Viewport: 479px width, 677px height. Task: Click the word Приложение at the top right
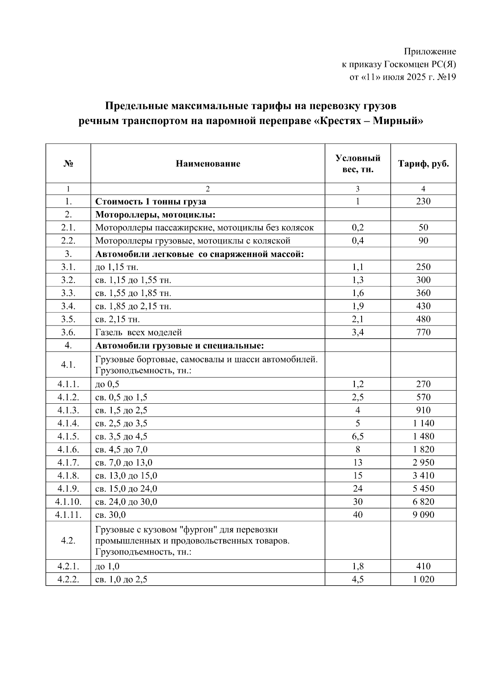click(x=430, y=51)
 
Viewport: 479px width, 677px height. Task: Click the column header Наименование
click(x=208, y=164)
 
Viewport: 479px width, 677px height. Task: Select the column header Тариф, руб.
click(x=423, y=164)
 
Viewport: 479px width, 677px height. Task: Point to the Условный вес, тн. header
click(x=358, y=164)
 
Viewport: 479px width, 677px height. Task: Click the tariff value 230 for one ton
click(x=423, y=201)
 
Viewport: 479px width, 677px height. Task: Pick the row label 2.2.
click(x=68, y=241)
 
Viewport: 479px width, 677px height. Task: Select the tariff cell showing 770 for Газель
click(x=423, y=332)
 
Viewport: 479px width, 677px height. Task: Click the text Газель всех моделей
click(x=139, y=332)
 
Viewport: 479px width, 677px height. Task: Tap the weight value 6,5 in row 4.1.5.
click(x=358, y=436)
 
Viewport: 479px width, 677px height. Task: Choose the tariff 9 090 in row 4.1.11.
click(x=423, y=515)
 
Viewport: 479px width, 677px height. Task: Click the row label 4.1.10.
click(x=68, y=502)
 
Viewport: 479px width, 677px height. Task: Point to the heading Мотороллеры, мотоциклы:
click(x=155, y=215)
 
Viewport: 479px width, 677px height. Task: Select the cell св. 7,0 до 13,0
click(x=124, y=463)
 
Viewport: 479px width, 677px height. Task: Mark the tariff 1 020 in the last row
click(x=423, y=579)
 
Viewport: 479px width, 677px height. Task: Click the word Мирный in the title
click(x=395, y=120)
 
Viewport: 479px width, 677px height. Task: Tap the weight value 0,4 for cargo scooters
click(x=358, y=241)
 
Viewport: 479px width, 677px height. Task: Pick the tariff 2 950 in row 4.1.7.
click(x=423, y=463)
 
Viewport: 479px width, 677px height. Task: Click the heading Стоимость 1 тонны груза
click(x=150, y=201)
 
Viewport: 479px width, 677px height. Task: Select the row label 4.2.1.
click(x=68, y=566)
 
